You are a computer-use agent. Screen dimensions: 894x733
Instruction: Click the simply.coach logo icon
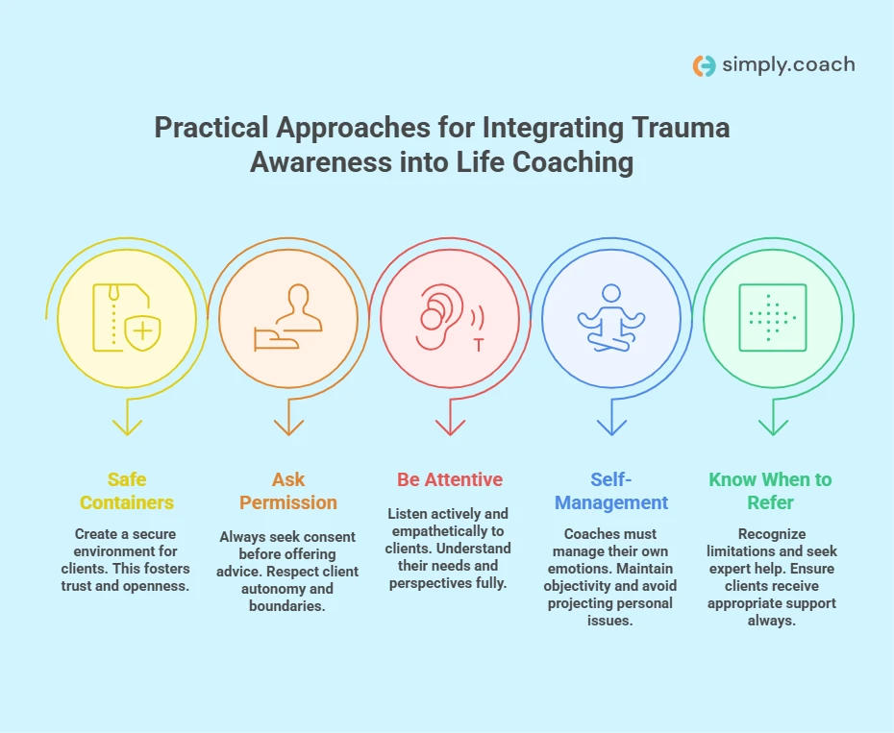click(x=704, y=65)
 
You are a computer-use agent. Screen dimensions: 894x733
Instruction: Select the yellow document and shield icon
click(x=127, y=317)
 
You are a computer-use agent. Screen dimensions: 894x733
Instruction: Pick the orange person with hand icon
click(x=288, y=317)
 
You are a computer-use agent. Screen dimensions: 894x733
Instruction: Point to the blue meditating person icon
click(x=611, y=317)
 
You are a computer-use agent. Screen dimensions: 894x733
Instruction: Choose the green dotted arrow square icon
click(x=773, y=317)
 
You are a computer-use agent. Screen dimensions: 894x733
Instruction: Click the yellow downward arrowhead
click(x=127, y=428)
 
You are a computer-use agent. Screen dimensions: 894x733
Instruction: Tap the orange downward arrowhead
click(x=288, y=428)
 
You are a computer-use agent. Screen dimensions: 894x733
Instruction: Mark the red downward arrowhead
click(x=451, y=428)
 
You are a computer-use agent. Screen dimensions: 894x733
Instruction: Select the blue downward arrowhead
click(x=611, y=428)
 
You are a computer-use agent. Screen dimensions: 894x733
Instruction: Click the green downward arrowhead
click(x=773, y=428)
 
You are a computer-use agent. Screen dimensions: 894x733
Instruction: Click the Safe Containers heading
click(x=127, y=491)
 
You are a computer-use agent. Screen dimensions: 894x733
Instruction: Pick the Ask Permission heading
click(x=288, y=491)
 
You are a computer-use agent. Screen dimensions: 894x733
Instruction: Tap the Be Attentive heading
click(x=450, y=479)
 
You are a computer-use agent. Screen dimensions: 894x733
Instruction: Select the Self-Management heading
click(x=611, y=491)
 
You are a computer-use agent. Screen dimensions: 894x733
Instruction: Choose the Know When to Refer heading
click(x=770, y=491)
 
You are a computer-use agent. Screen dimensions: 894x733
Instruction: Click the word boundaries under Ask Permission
click(x=287, y=606)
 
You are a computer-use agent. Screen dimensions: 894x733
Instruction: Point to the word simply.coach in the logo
click(x=788, y=65)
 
